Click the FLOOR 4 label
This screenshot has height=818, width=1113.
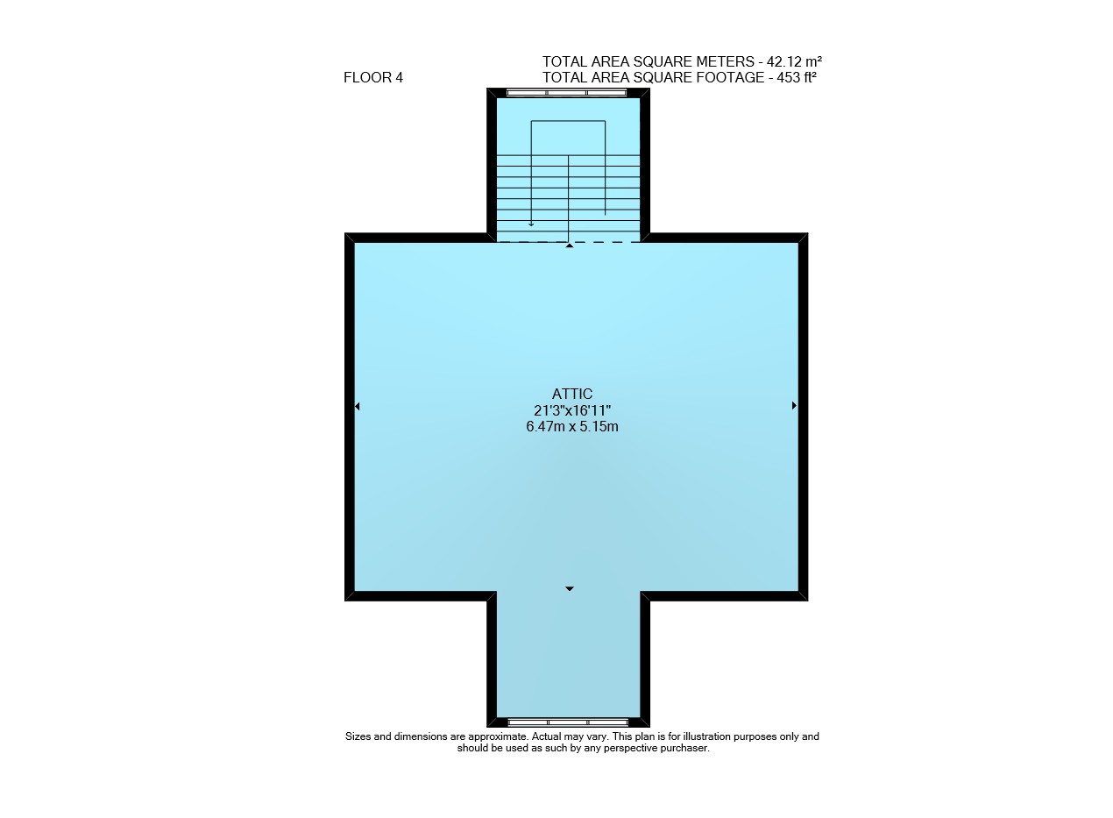[x=373, y=77]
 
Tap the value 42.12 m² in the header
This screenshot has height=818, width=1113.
[x=794, y=61]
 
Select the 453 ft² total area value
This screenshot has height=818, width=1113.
[x=797, y=77]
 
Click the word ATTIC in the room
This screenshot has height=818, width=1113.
[x=572, y=394]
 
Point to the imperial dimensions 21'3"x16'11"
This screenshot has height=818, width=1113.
[x=572, y=410]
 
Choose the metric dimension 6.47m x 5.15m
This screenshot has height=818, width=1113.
[x=572, y=426]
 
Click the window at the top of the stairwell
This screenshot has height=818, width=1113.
[x=566, y=93]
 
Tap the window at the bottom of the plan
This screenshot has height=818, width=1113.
[x=568, y=722]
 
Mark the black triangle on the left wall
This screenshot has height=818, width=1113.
[x=358, y=407]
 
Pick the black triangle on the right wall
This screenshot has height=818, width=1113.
[x=794, y=406]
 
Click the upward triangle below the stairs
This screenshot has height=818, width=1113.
[x=570, y=245]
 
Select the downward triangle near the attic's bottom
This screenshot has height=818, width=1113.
[x=570, y=589]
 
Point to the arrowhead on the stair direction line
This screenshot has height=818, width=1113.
[x=531, y=224]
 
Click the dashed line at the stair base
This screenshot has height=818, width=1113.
[x=568, y=242]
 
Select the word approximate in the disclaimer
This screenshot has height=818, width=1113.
[x=498, y=736]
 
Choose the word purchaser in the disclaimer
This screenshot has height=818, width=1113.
[x=684, y=748]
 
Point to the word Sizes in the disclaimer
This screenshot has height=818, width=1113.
[x=358, y=736]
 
